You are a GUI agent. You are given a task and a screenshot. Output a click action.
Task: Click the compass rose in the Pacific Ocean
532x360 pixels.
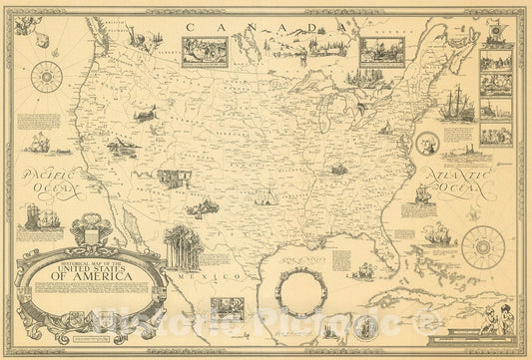46,76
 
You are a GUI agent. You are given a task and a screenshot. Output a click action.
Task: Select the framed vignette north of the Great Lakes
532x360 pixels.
380,51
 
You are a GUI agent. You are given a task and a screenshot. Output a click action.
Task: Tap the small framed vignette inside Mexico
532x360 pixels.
227,309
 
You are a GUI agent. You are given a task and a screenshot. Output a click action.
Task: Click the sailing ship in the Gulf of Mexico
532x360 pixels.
363,271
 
